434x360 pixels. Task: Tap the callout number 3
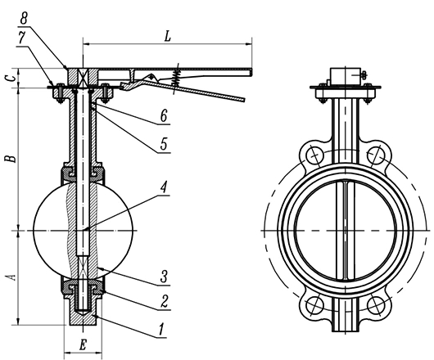(x=165, y=276)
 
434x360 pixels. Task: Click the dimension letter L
(x=167, y=36)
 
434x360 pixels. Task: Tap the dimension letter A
(x=10, y=277)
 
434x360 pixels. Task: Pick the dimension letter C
(x=10, y=78)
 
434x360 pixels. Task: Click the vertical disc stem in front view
(x=344, y=229)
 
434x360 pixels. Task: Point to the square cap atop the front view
(x=343, y=76)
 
